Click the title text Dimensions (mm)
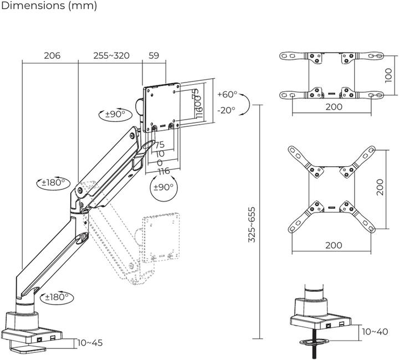point(49,7)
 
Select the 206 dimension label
point(52,56)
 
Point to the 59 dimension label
point(154,56)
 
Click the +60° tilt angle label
point(227,94)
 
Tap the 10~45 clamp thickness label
point(89,343)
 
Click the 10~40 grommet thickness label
point(375,332)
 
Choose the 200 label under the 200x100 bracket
point(334,107)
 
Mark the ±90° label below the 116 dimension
point(163,187)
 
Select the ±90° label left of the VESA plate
point(115,115)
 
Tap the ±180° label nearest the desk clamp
point(56,297)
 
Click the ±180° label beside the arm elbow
point(54,182)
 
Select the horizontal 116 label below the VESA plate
point(162,171)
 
